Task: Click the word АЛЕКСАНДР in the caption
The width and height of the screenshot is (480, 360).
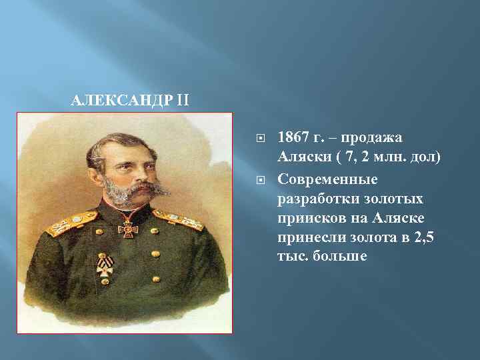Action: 123,101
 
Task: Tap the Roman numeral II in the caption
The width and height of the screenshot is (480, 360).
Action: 184,101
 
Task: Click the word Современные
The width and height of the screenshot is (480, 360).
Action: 327,179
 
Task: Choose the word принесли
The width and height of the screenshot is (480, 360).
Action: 308,239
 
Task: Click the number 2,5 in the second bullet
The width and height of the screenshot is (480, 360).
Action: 424,239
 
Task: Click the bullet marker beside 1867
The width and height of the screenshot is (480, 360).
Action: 260,139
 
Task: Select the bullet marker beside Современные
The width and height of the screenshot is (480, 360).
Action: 260,180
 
